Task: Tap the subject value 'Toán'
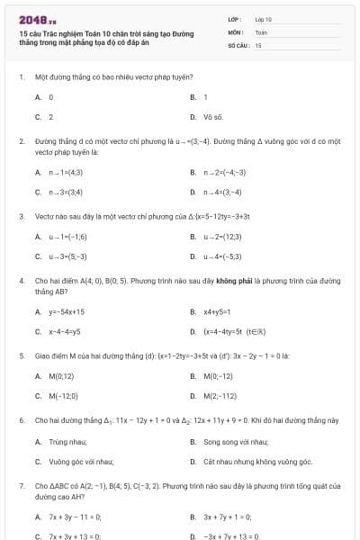pos(261,31)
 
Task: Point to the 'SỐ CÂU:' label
pos(238,44)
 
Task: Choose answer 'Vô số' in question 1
pos(213,117)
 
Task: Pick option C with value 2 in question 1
pos(50,117)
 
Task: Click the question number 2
pos(21,141)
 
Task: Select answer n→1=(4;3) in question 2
pos(67,172)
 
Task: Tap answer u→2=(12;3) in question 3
pos(225,237)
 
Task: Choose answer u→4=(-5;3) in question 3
pos(225,256)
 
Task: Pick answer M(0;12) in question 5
pos(61,376)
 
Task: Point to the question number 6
pos(21,420)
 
